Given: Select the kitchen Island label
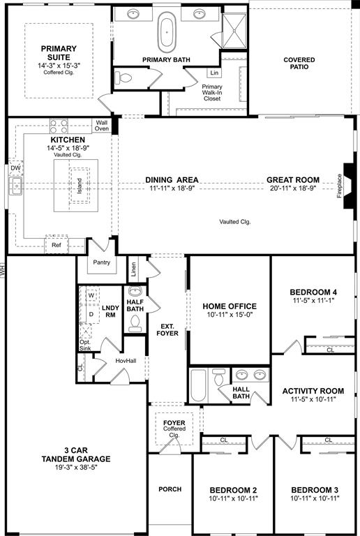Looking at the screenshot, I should point(79,186).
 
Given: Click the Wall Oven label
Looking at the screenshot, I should point(102,126).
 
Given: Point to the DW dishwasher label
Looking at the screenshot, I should point(15,168).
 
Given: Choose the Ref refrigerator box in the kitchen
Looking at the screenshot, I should point(57,246).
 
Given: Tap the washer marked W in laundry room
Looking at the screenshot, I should point(91,295).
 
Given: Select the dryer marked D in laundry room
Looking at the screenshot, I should point(91,313).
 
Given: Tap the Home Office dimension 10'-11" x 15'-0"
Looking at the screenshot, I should point(230,315).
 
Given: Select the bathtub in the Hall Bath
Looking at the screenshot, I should point(198,385).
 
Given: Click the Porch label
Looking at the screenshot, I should point(170,489).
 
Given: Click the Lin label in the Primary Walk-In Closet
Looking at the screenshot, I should point(213,73).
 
